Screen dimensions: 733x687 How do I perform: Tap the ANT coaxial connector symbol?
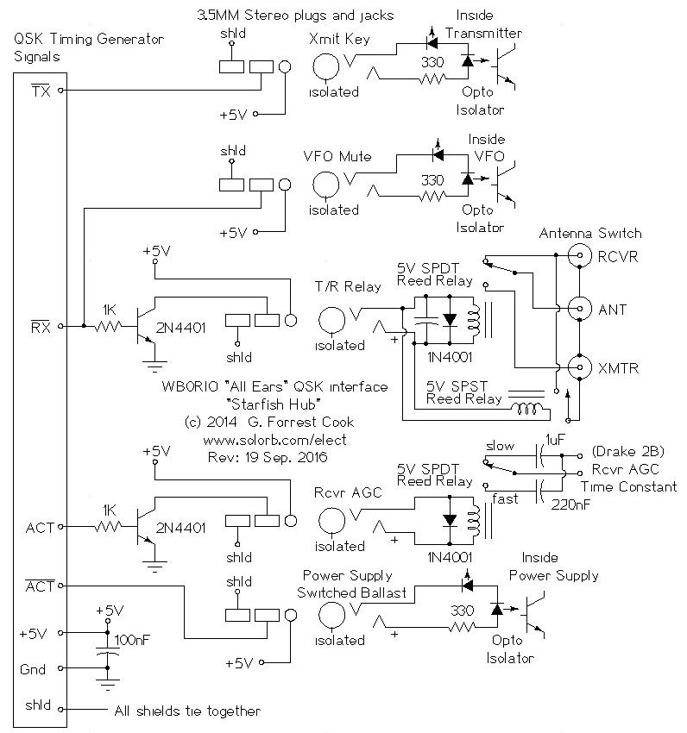(579, 309)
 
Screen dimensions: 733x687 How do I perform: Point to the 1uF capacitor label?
(556, 441)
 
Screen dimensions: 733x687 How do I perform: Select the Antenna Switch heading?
(590, 234)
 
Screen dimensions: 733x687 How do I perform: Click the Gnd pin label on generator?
(32, 669)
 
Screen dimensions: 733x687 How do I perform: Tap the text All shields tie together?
(187, 711)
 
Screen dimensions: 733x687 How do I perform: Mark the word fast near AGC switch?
(504, 498)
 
